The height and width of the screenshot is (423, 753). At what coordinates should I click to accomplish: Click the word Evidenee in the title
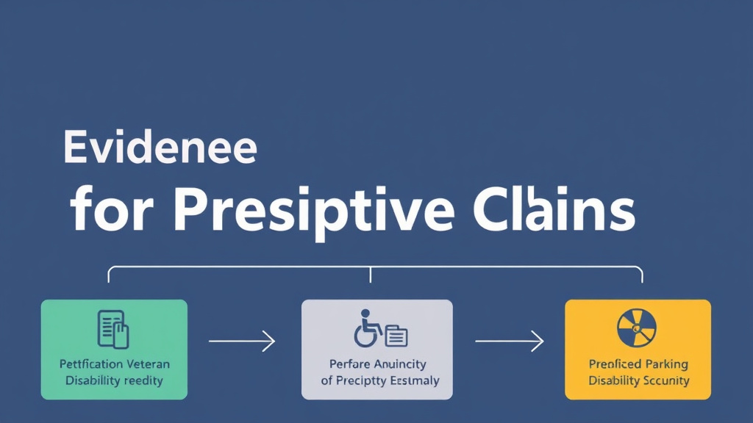click(160, 147)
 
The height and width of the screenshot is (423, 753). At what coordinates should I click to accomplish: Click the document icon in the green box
click(114, 328)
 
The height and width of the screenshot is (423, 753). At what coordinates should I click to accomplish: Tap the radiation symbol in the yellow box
click(638, 327)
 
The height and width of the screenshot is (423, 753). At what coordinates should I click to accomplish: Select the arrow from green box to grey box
click(242, 341)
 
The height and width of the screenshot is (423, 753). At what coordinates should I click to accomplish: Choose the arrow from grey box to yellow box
click(509, 341)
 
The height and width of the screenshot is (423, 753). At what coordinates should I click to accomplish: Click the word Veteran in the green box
click(146, 364)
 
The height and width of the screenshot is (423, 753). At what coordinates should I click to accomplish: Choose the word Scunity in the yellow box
click(665, 380)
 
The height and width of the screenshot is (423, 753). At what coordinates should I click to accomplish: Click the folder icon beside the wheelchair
click(396, 336)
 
